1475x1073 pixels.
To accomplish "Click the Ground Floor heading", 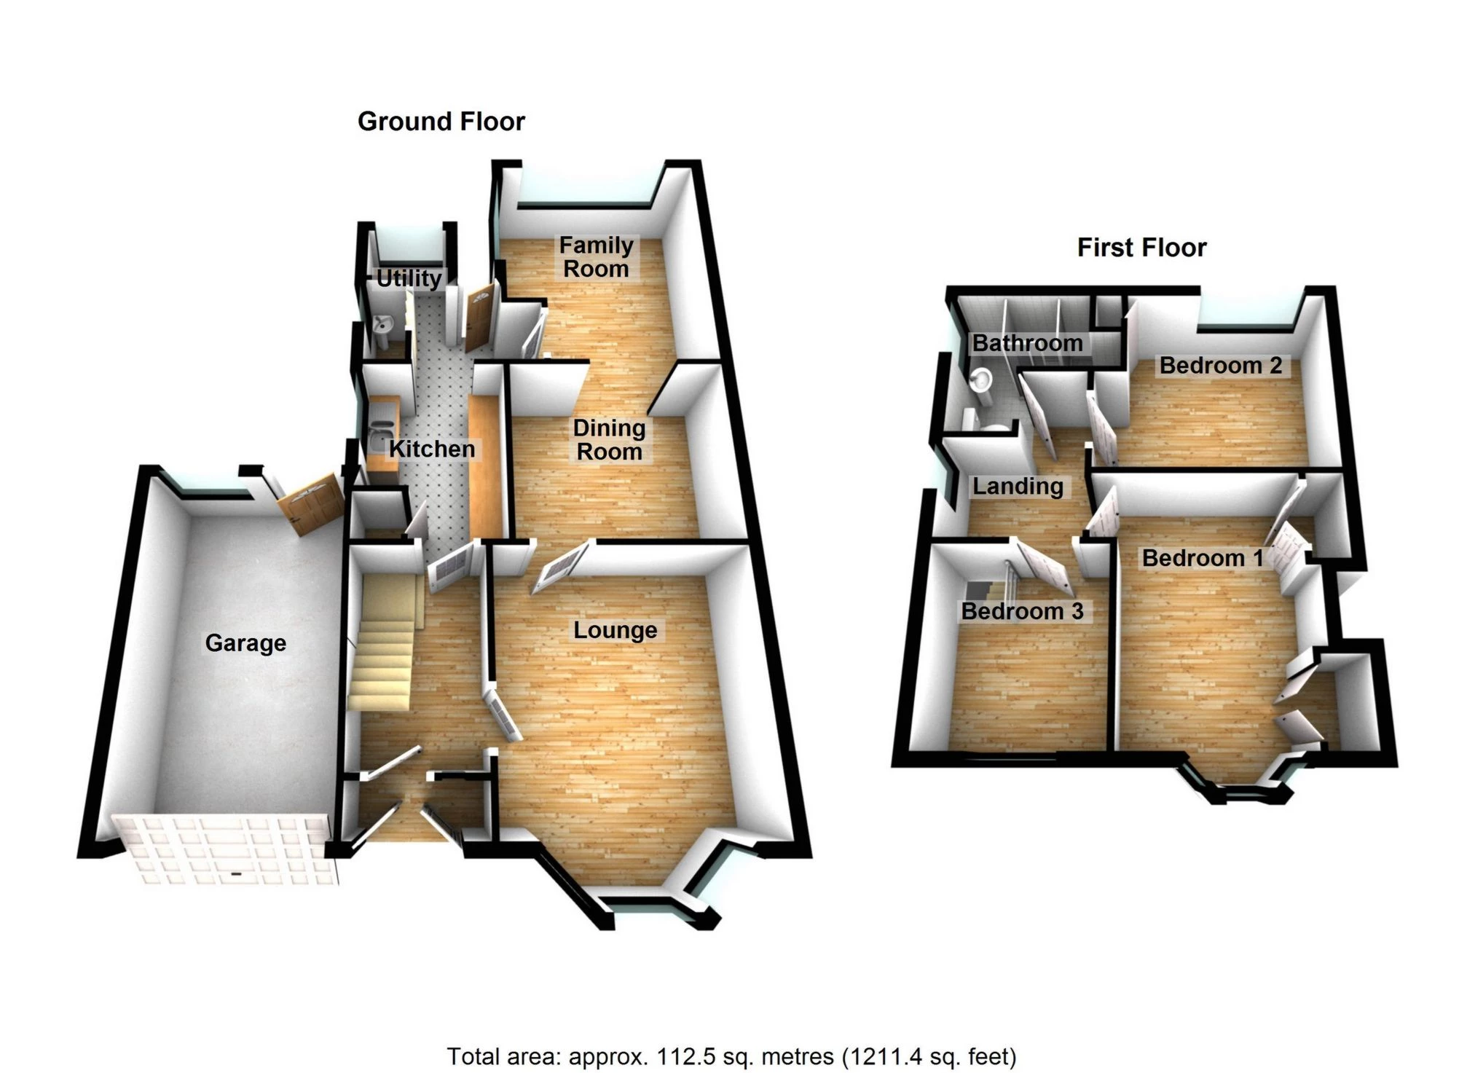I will point(441,122).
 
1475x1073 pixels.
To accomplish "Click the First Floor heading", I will point(1141,248).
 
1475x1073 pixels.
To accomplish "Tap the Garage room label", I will point(245,643).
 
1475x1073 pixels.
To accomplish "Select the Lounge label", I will point(615,630).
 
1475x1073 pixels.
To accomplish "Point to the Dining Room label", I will point(609,440).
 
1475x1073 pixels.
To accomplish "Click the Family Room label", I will point(596,257).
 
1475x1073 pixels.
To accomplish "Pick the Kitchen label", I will point(432,449).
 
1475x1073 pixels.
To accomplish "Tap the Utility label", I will point(409,278).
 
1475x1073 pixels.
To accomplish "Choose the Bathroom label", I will point(1027,343).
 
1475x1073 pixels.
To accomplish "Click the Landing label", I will point(1018,486).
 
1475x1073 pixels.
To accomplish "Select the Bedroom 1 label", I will point(1203,559).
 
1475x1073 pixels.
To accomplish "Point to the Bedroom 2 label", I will point(1220,365).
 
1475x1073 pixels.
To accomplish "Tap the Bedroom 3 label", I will point(1022,611).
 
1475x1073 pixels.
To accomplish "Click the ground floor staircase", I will point(382,641).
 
